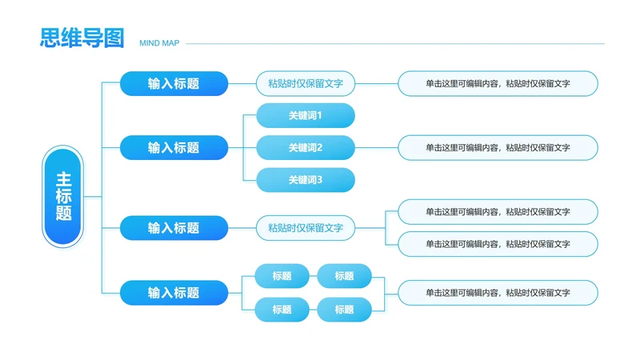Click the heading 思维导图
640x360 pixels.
(x=82, y=38)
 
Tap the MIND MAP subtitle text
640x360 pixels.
(x=159, y=43)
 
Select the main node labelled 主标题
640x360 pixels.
(x=63, y=196)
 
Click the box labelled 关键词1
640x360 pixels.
(x=306, y=115)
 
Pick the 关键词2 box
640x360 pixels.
(x=306, y=147)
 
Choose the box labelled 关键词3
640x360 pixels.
(x=306, y=180)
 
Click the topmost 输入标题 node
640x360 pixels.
(x=174, y=83)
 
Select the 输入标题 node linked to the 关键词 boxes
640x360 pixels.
(x=174, y=147)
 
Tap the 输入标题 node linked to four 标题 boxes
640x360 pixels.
(x=174, y=293)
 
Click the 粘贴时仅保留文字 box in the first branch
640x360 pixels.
(x=306, y=83)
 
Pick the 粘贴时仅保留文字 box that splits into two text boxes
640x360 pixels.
(x=306, y=228)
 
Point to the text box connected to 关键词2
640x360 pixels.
(x=498, y=147)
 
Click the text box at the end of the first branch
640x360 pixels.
(x=498, y=83)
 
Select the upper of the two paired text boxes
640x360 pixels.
(x=498, y=212)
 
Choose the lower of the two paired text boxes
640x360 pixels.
(x=498, y=244)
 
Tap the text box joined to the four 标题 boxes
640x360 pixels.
(x=498, y=293)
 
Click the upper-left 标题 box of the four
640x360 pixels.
(x=282, y=276)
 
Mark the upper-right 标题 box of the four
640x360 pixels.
(x=344, y=276)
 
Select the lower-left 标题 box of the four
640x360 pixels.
(x=282, y=310)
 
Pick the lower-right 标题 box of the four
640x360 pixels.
(x=344, y=310)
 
